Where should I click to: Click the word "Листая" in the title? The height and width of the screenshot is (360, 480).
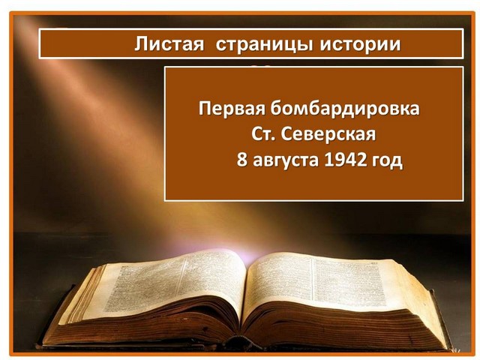click(x=169, y=43)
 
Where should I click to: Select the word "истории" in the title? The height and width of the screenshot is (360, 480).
click(x=360, y=44)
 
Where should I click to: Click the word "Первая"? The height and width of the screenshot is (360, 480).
click(x=232, y=109)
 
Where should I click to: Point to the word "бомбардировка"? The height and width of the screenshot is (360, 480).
click(x=345, y=108)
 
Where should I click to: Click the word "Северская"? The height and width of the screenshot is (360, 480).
click(x=328, y=134)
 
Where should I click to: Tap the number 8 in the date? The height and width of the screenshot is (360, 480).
click(x=241, y=160)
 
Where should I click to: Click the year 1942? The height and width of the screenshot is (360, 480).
click(x=345, y=160)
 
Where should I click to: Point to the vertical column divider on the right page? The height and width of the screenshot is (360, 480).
click(x=313, y=279)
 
